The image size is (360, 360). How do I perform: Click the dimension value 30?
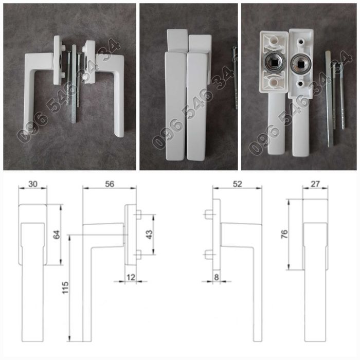(32, 184)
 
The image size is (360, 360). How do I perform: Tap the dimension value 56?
(110, 184)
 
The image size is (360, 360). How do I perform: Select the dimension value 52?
(237, 184)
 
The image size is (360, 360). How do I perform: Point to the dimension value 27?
(315, 184)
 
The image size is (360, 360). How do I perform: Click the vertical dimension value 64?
(57, 235)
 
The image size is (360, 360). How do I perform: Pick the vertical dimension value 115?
(65, 287)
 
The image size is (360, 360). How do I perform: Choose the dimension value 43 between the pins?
(149, 235)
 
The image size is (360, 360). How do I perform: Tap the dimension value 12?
(131, 277)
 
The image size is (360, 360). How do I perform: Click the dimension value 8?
(217, 277)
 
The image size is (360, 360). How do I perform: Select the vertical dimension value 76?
(284, 234)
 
